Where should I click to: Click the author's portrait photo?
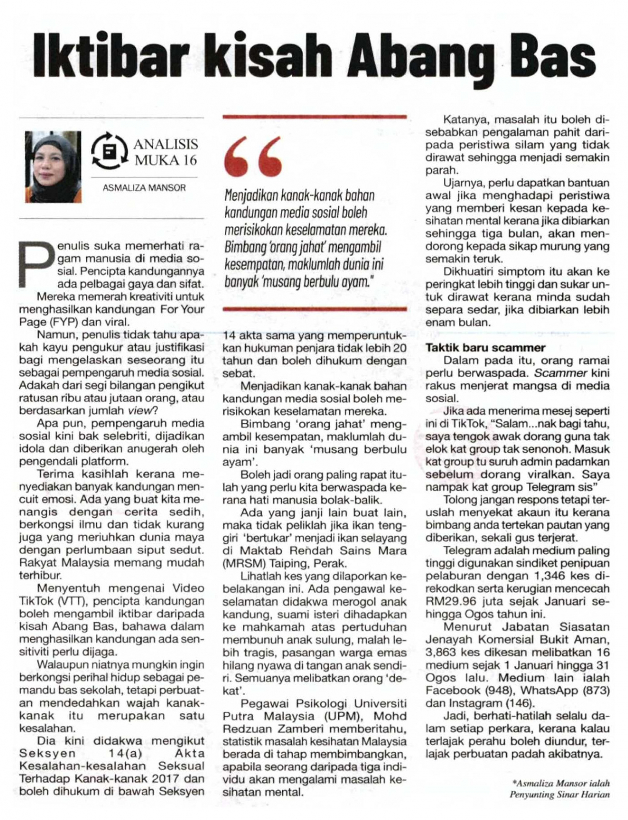pos(53,167)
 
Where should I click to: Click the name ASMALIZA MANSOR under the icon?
pos(144,188)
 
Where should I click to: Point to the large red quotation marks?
pos(253,157)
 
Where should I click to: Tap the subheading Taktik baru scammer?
pos(486,347)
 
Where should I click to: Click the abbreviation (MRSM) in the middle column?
pos(241,563)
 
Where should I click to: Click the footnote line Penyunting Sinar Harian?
pos(559,794)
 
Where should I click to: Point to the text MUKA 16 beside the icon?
pos(165,160)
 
